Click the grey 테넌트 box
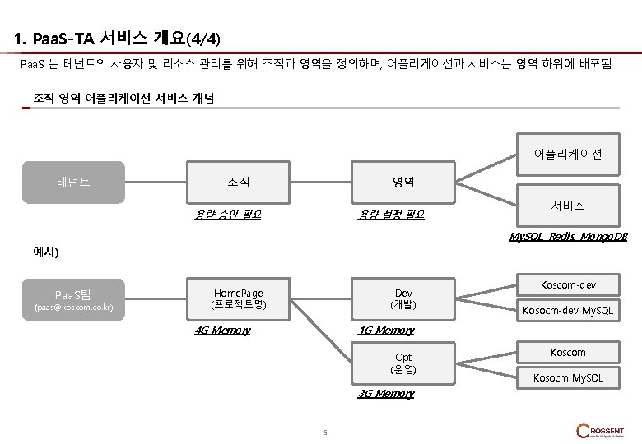(x=73, y=182)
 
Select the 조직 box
(x=239, y=182)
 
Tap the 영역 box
(x=402, y=182)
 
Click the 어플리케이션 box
(x=568, y=154)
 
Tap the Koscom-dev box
(x=568, y=286)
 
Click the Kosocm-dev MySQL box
(x=568, y=311)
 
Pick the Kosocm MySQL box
(x=568, y=377)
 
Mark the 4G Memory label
(x=221, y=331)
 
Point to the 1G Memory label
(x=386, y=331)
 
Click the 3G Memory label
(x=386, y=394)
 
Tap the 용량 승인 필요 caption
(x=227, y=215)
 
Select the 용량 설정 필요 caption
(x=391, y=215)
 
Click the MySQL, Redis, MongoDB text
(x=568, y=237)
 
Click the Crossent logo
(x=601, y=432)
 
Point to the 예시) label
(x=46, y=252)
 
